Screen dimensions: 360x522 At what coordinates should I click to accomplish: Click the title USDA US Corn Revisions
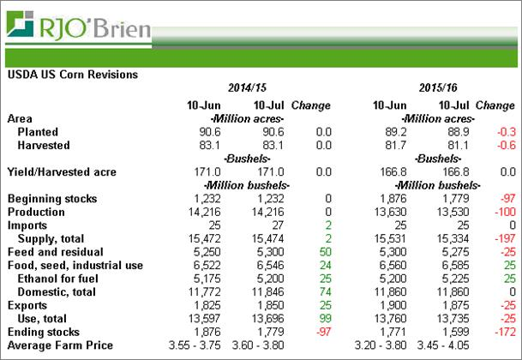[x=72, y=75]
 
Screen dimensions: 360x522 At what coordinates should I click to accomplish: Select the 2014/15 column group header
[x=248, y=89]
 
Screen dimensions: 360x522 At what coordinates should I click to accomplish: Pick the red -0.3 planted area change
[x=506, y=132]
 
